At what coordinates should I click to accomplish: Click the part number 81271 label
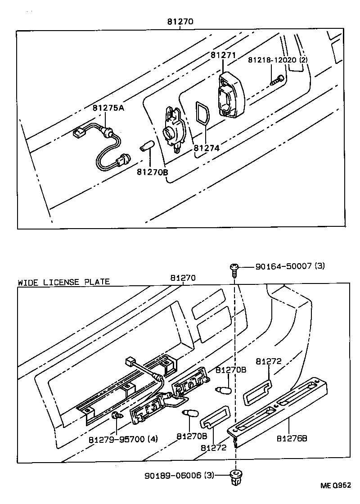223,55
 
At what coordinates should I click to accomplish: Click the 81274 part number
207,148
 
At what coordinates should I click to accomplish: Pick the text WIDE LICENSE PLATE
63,282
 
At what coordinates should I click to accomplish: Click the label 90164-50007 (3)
290,266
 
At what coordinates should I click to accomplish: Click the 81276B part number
292,438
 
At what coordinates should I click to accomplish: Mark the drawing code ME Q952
335,486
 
